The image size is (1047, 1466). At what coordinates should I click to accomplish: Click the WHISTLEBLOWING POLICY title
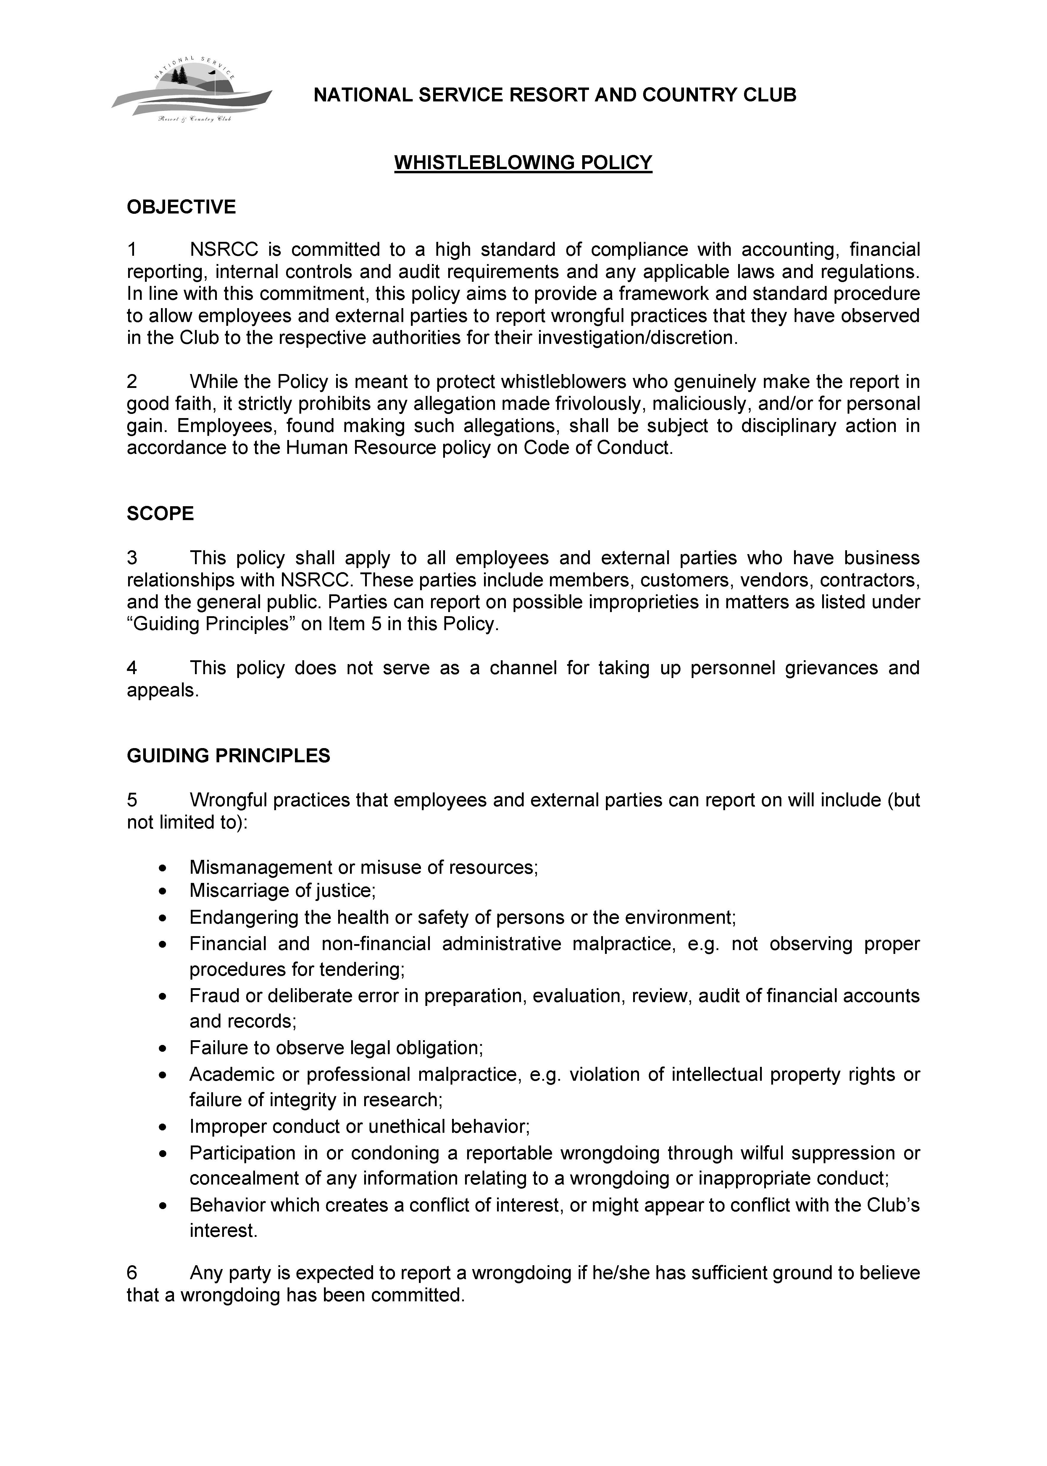click(x=523, y=162)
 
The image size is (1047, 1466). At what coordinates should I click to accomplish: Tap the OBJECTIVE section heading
click(x=181, y=208)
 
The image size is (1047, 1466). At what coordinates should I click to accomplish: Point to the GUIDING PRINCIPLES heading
click(x=228, y=755)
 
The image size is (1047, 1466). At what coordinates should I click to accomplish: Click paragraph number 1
click(x=132, y=249)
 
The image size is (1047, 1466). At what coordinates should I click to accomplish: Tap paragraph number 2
click(x=132, y=382)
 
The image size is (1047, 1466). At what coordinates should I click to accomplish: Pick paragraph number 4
click(x=132, y=668)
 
